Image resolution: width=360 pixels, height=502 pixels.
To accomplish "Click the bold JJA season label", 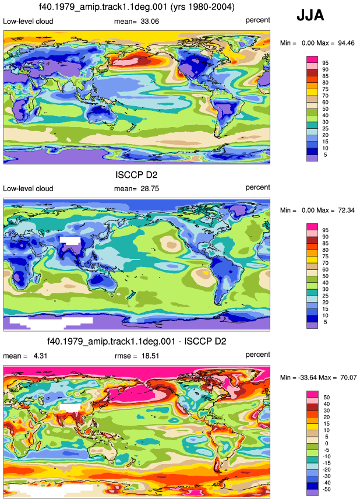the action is [x=310, y=15].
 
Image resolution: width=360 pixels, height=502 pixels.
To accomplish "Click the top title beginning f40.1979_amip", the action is [x=137, y=7].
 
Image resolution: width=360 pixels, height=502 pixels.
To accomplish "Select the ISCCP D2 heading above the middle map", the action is [x=137, y=175].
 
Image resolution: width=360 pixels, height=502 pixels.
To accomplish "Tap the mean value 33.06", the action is [x=150, y=22].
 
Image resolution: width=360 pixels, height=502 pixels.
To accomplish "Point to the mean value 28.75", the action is [x=150, y=189].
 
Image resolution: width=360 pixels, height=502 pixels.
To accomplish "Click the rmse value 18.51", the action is [x=150, y=356].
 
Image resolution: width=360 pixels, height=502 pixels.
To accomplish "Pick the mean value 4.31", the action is [x=40, y=356].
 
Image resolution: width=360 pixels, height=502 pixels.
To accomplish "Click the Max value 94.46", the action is [x=346, y=43].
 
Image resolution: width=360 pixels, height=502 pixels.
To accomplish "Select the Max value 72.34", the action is [x=346, y=210].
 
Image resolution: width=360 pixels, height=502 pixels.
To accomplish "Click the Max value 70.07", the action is [x=348, y=378].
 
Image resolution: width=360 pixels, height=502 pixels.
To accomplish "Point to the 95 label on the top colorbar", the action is [x=326, y=63].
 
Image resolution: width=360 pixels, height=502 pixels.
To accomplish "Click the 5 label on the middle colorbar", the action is [x=326, y=322].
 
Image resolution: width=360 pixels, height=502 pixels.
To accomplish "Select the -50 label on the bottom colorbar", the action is [x=326, y=489].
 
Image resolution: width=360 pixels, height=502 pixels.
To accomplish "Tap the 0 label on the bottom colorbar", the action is [x=327, y=444].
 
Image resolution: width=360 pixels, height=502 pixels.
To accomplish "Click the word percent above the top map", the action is [x=258, y=20].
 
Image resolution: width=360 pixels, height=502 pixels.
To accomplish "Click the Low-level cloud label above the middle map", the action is [x=28, y=188].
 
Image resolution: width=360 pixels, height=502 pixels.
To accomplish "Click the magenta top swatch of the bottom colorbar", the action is [x=312, y=394].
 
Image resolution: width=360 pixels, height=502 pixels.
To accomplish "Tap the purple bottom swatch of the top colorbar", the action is [x=312, y=158].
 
